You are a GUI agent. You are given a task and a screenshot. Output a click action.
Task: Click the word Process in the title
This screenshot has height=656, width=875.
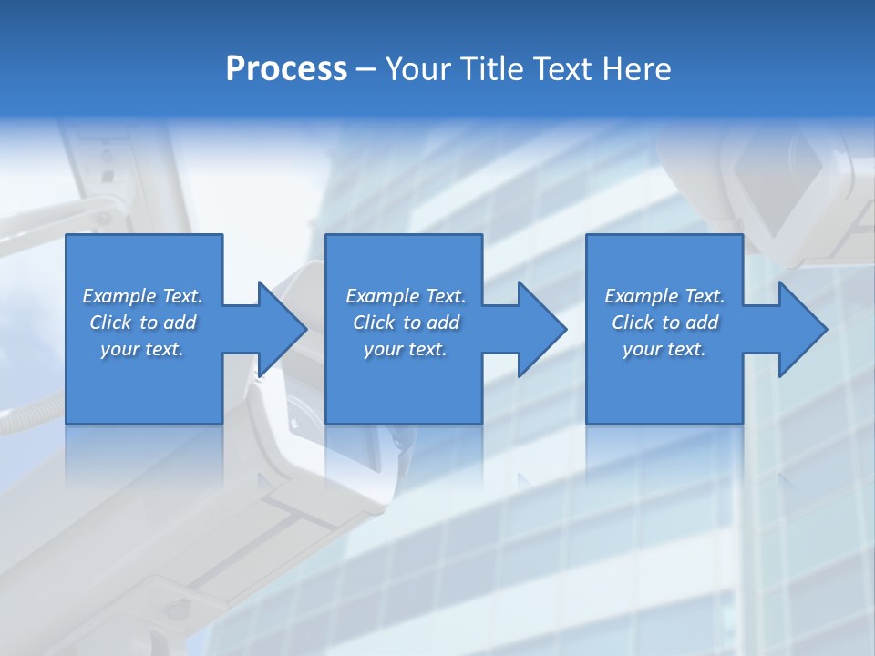pos(286,69)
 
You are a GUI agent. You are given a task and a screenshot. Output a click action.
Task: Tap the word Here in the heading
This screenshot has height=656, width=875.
pos(636,69)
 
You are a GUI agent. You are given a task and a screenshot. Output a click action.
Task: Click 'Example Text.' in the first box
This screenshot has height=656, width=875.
pos(142,296)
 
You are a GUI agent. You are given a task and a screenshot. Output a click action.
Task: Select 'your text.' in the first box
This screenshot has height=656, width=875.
pos(142,349)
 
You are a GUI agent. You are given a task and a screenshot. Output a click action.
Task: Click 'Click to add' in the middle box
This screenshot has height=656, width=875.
pos(406,323)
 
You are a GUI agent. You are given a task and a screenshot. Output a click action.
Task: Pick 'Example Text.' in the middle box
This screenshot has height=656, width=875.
pos(406,296)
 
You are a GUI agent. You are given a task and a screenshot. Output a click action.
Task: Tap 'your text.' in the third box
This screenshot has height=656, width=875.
pos(664,349)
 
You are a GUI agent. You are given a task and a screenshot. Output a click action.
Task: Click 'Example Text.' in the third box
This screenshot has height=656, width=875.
pos(664,296)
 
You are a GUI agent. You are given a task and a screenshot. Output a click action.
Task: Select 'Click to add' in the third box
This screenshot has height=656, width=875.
pos(664,323)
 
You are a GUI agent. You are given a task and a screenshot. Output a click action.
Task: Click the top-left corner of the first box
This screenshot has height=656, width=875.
pos(67,236)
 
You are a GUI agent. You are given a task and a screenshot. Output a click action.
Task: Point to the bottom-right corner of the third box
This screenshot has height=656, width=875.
pos(742,423)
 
